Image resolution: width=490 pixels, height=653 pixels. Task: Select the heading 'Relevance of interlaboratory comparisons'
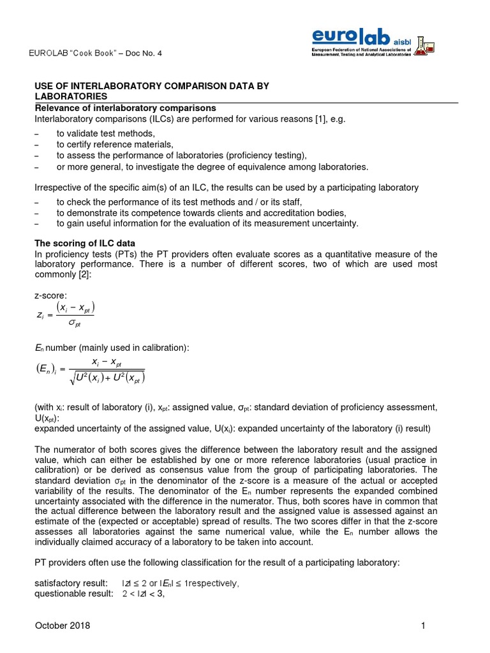coord(124,108)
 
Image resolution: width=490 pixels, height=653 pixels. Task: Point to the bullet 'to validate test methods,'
coord(105,133)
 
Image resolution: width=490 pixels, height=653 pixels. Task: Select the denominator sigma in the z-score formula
coord(74,324)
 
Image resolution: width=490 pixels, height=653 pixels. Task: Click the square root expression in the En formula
coord(108,378)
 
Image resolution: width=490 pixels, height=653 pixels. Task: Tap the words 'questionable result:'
coord(71,594)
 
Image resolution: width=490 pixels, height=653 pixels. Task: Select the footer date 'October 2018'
coord(62,626)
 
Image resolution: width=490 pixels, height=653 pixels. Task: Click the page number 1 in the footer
coord(423,626)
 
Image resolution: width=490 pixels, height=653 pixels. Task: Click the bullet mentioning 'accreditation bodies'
coord(201,212)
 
